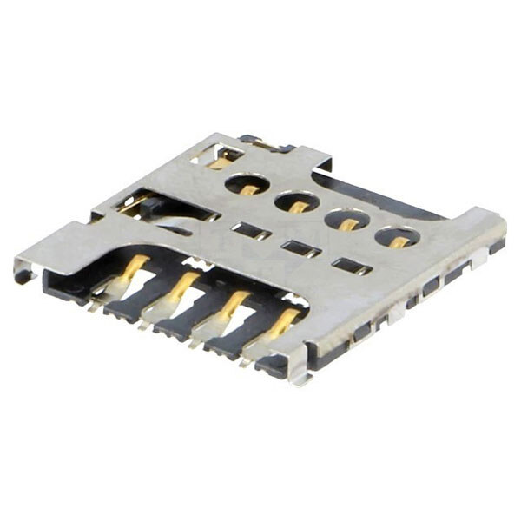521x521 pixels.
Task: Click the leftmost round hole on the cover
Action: pos(246,184)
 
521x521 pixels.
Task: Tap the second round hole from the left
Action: pos(295,203)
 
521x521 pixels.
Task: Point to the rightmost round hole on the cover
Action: pos(395,237)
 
